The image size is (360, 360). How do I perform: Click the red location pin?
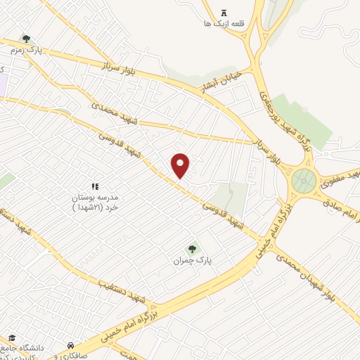(x=181, y=164)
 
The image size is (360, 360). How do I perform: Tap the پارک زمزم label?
(x=26, y=51)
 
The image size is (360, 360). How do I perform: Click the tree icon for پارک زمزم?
(x=26, y=39)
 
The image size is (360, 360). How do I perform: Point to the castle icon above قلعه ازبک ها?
(x=224, y=12)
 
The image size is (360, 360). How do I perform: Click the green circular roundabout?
(x=303, y=181)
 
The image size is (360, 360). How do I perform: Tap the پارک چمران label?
(x=193, y=261)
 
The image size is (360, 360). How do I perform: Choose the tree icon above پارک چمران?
(x=192, y=248)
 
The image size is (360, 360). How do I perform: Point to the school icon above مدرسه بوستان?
(x=94, y=186)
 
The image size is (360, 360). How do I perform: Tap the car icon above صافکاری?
(x=71, y=346)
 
